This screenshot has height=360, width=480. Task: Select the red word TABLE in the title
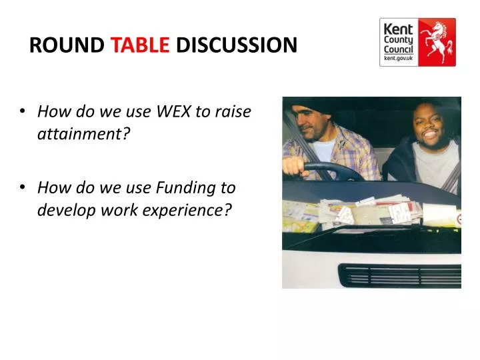pos(140,45)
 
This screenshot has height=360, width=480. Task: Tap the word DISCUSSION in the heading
pos(236,45)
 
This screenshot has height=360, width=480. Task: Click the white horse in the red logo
pos(437,41)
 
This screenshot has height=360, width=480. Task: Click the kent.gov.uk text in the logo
pos(397,59)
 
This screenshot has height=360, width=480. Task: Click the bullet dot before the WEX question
pos(23,112)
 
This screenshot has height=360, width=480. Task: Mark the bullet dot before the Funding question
pos(23,189)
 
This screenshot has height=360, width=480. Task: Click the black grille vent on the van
pos(400,275)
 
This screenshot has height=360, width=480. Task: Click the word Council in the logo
pos(397,50)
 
